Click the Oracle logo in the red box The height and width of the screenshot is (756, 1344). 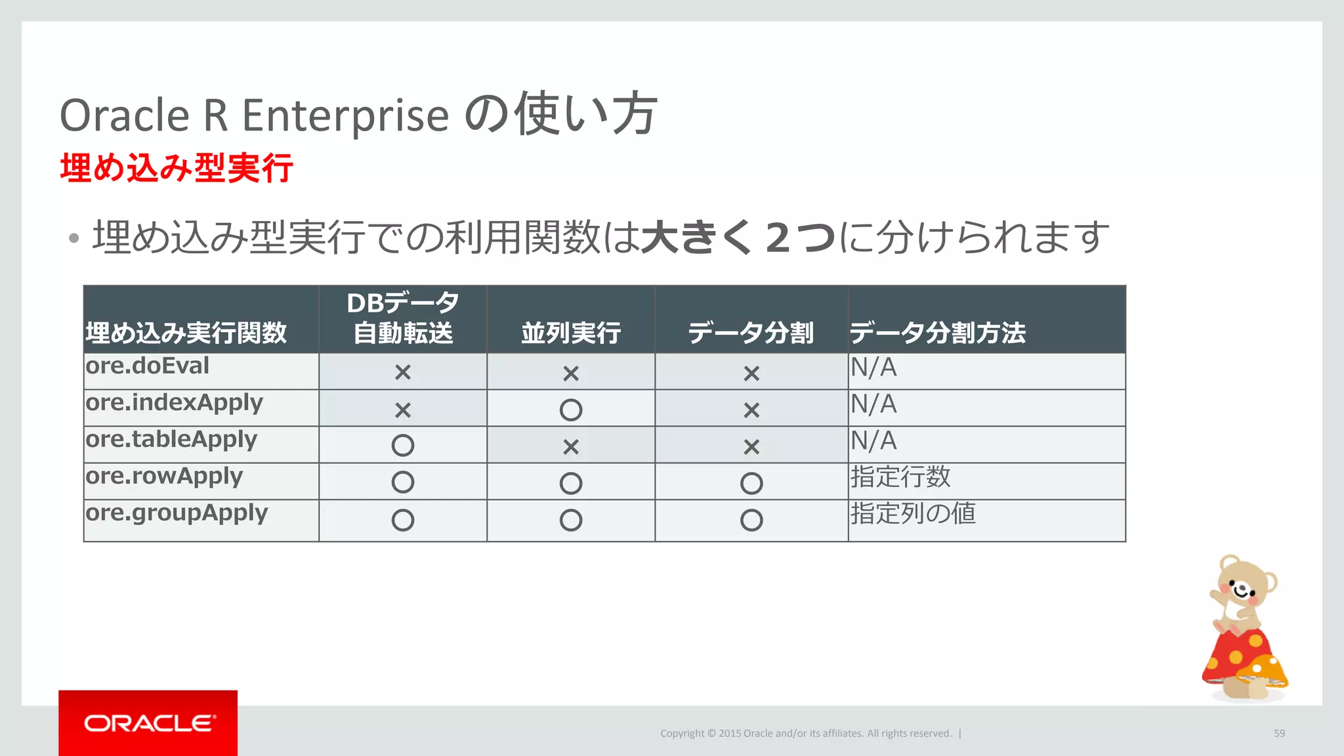[x=149, y=723]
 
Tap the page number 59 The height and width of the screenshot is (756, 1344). [x=1279, y=734]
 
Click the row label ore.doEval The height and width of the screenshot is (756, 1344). [x=148, y=366]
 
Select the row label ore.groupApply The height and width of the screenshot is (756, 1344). [x=177, y=513]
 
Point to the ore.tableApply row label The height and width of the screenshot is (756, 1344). [x=171, y=440]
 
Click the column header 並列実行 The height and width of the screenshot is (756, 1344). [x=570, y=333]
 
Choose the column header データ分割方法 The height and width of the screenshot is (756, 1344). [x=937, y=333]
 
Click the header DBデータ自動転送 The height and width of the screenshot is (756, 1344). [x=403, y=318]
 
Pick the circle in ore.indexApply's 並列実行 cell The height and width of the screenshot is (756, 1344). [x=570, y=410]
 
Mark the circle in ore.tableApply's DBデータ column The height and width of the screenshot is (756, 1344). [x=402, y=446]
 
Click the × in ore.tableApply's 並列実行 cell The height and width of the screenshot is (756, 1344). [x=570, y=447]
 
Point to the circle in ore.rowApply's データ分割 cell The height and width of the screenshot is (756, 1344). [x=751, y=484]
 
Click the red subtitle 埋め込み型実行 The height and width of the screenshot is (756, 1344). [x=176, y=168]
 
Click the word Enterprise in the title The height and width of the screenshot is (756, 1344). [x=345, y=116]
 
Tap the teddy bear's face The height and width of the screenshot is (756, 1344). [x=1242, y=585]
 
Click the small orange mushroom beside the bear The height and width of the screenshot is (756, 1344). [x=1263, y=672]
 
